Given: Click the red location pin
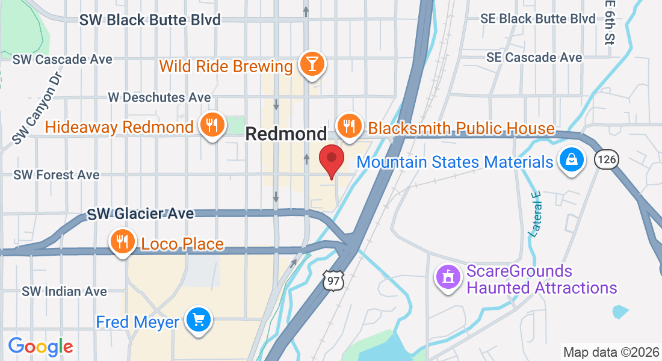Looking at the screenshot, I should pyautogui.click(x=331, y=159).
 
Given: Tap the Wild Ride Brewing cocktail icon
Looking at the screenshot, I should pyautogui.click(x=312, y=63).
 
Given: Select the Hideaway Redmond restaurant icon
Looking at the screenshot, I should pyautogui.click(x=211, y=125).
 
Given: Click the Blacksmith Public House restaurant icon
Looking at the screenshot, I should pyautogui.click(x=348, y=125).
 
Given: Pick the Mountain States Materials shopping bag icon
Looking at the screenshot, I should pyautogui.click(x=570, y=160).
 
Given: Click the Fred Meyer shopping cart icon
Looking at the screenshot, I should pyautogui.click(x=198, y=319).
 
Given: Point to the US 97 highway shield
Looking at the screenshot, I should pyautogui.click(x=332, y=279).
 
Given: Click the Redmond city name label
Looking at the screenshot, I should pyautogui.click(x=286, y=134).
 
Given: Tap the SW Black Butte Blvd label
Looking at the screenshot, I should pyautogui.click(x=150, y=20).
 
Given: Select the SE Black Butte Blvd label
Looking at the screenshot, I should pyautogui.click(x=537, y=19).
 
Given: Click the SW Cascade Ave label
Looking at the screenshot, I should pyautogui.click(x=63, y=59).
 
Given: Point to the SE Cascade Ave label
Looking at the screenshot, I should pyautogui.click(x=534, y=57).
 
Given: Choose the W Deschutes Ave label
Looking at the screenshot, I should pyautogui.click(x=159, y=97).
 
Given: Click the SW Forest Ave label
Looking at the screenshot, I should pyautogui.click(x=56, y=175).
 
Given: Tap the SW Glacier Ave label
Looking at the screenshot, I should pyautogui.click(x=140, y=214).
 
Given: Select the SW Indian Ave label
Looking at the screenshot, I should pyautogui.click(x=64, y=291).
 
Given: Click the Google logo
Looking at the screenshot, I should pyautogui.click(x=40, y=346).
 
